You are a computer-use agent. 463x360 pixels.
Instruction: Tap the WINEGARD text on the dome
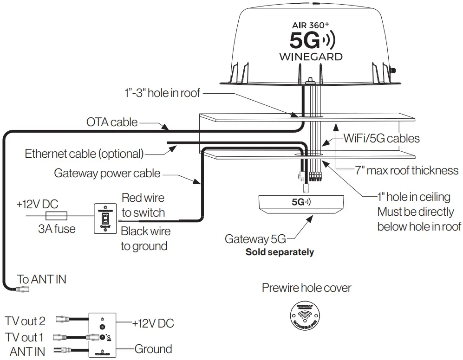[x=311, y=57]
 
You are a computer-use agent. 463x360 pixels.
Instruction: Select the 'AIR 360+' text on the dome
[x=311, y=26]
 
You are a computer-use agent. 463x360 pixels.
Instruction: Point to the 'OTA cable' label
[x=112, y=122]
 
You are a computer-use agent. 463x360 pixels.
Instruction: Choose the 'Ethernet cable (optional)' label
[x=84, y=154]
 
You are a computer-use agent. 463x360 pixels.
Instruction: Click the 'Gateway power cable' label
[x=107, y=174]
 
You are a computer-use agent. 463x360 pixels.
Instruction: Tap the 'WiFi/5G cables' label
[x=381, y=138]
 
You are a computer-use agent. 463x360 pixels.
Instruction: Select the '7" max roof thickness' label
[x=407, y=170]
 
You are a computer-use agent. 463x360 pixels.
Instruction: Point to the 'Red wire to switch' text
[x=143, y=205]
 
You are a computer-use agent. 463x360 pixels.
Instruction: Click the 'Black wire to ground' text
[x=145, y=238]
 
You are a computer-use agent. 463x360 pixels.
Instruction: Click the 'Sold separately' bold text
[x=280, y=252]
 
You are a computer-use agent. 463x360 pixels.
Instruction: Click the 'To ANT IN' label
[x=42, y=279]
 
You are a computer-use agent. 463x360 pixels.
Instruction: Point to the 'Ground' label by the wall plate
[x=153, y=348]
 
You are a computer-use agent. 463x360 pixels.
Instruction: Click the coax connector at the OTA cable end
[x=22, y=289]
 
